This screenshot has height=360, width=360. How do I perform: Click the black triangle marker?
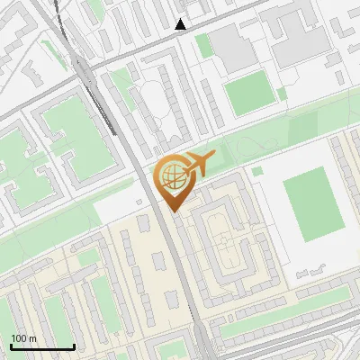[181, 24]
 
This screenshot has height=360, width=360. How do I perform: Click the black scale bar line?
[42, 347]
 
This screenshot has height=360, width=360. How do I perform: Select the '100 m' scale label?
[23, 338]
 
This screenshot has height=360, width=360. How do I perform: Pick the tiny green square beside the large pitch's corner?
[257, 170]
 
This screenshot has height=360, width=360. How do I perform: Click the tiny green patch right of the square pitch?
[282, 93]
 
